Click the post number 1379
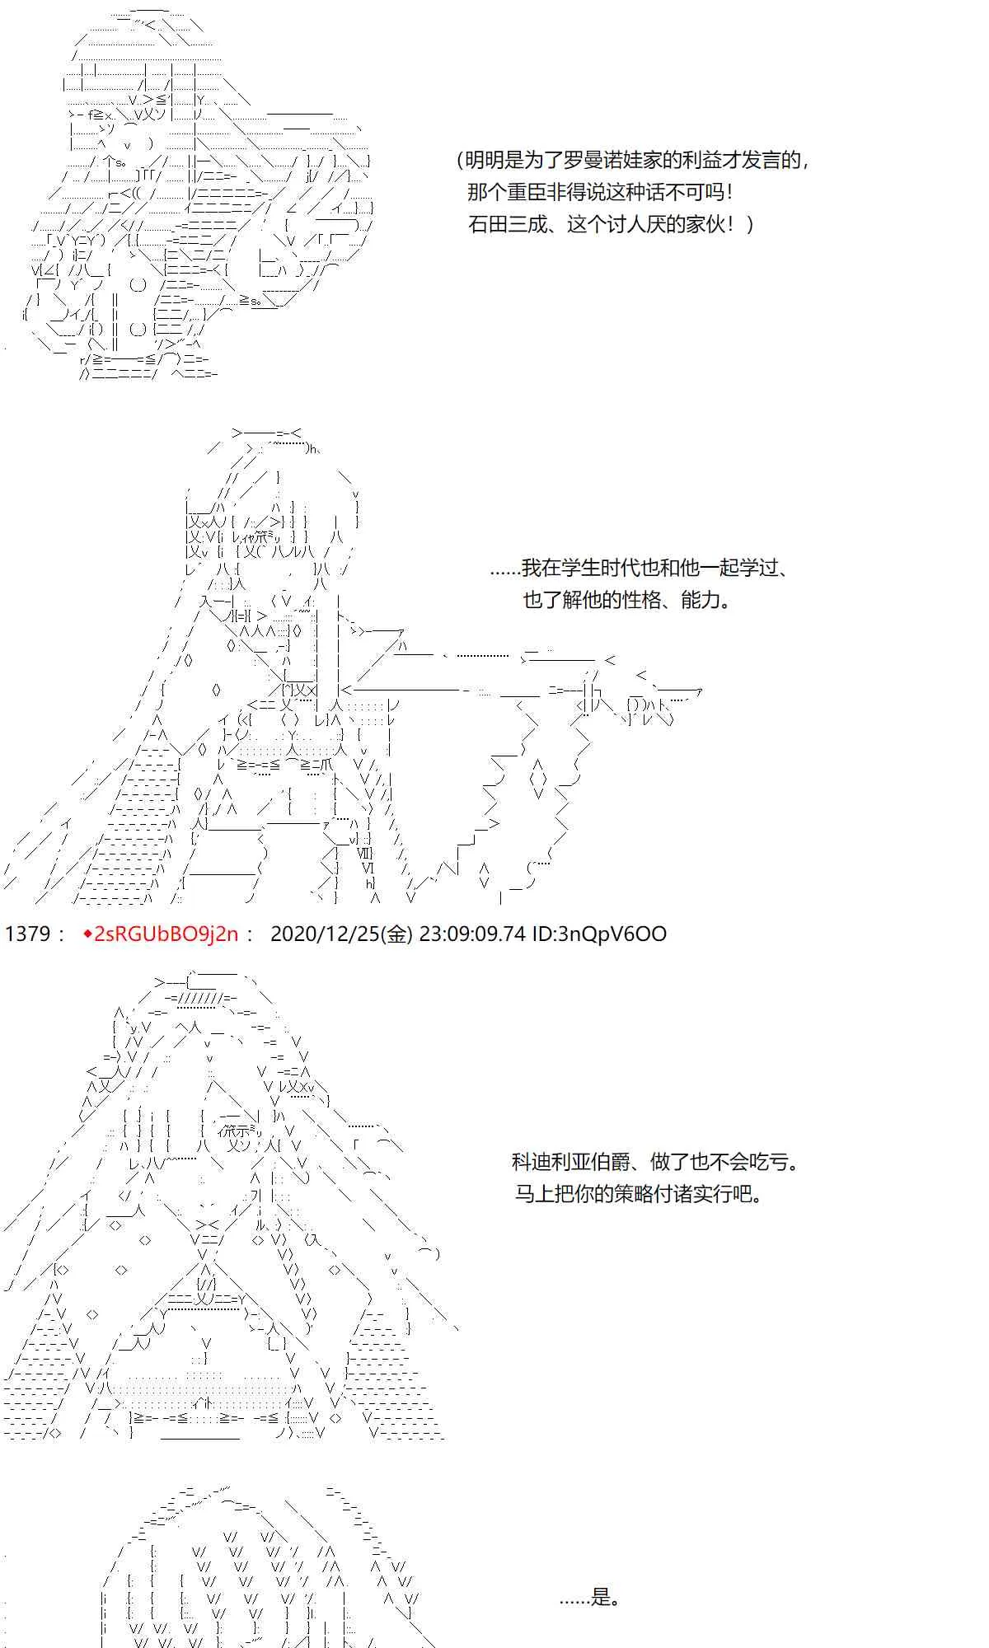click(x=29, y=934)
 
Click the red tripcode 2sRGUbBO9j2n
click(x=167, y=934)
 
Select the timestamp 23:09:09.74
click(x=472, y=934)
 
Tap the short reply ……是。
click(x=590, y=1599)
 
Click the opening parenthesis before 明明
click(x=460, y=160)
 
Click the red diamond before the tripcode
click(x=88, y=934)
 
